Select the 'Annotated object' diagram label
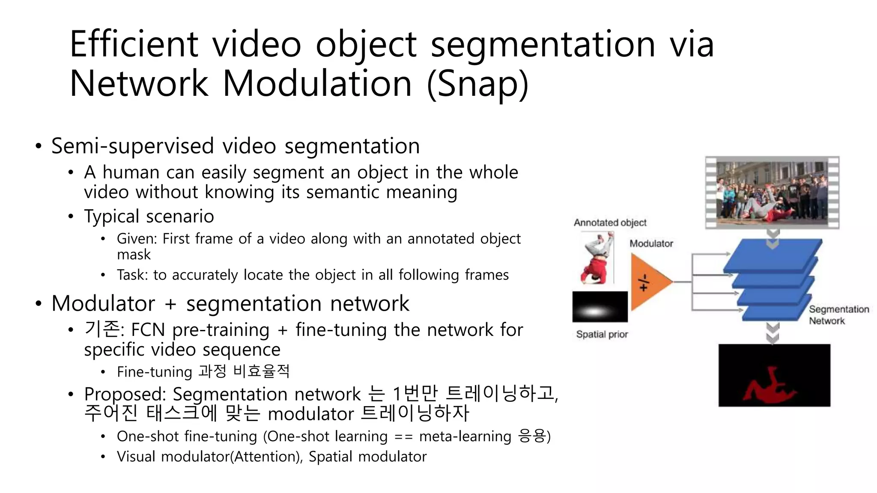tap(610, 223)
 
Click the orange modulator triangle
tap(647, 282)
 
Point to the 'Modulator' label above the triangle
tap(651, 244)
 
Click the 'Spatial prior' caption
tap(602, 334)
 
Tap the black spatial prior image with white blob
tap(600, 307)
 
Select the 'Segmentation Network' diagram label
tap(838, 315)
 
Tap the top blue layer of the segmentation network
tap(773, 255)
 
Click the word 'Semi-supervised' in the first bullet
tap(132, 146)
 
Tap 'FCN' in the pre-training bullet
tap(148, 330)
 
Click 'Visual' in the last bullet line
tap(136, 457)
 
